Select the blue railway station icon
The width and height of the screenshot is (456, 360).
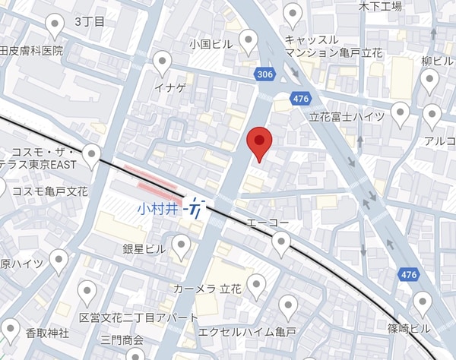click(x=198, y=207)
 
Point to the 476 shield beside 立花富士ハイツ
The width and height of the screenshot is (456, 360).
click(x=301, y=98)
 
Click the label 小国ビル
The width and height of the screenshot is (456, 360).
click(x=211, y=45)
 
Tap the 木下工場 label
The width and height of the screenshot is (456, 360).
click(x=379, y=6)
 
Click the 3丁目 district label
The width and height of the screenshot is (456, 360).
click(x=90, y=22)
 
